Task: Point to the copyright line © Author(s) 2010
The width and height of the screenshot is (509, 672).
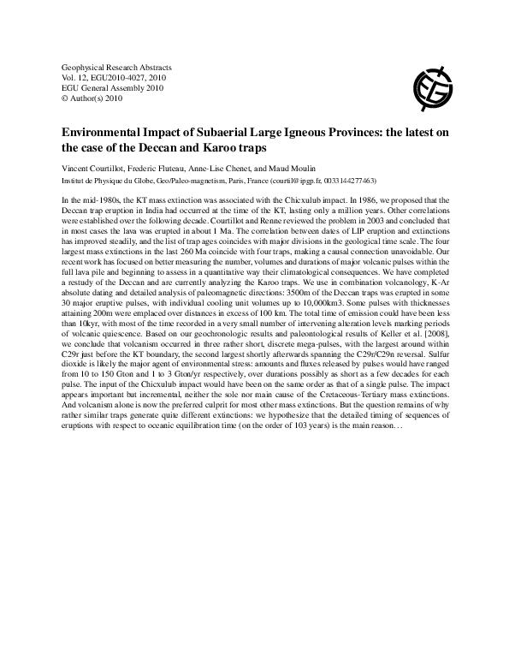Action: click(x=92, y=98)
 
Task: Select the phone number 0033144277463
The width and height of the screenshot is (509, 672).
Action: click(x=362, y=181)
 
